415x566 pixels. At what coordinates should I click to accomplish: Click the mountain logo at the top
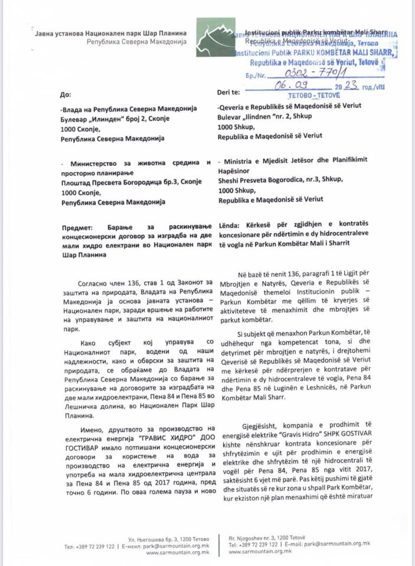[213, 38]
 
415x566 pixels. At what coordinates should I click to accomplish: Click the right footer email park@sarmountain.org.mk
[339, 546]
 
